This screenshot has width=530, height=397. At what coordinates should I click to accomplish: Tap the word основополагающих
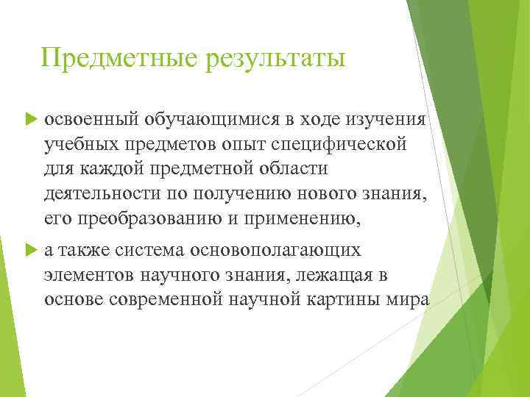276,250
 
